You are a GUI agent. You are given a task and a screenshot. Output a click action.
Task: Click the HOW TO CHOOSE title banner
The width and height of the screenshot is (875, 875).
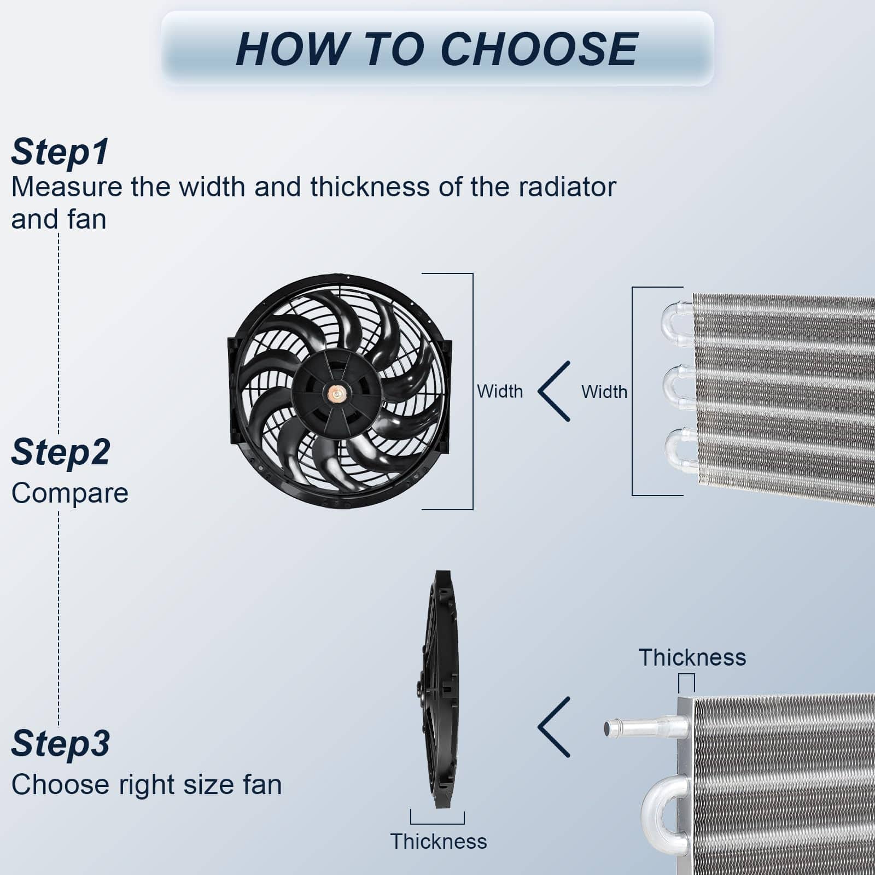pyautogui.click(x=437, y=49)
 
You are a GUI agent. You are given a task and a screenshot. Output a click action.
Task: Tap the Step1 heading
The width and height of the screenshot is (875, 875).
pyautogui.click(x=60, y=152)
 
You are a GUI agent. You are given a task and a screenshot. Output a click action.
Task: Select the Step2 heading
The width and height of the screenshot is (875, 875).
pyautogui.click(x=61, y=452)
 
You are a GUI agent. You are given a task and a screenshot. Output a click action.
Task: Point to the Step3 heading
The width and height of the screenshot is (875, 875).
pyautogui.click(x=61, y=743)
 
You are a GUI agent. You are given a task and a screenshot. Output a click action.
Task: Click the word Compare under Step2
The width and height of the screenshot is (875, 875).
pyautogui.click(x=70, y=493)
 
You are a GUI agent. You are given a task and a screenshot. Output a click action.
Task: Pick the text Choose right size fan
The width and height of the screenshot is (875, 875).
pyautogui.click(x=147, y=785)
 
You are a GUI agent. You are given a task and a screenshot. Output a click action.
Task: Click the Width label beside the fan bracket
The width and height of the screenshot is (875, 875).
pyautogui.click(x=500, y=392)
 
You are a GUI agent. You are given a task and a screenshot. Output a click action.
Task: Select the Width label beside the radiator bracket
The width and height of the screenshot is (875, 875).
pyautogui.click(x=604, y=392)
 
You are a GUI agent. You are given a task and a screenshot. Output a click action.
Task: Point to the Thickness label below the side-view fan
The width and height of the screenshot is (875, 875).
pyautogui.click(x=439, y=842)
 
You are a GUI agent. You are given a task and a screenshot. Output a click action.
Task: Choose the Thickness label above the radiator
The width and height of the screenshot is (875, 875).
pyautogui.click(x=692, y=658)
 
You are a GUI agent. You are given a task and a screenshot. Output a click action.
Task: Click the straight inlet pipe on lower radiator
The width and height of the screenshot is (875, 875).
pyautogui.click(x=645, y=727)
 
